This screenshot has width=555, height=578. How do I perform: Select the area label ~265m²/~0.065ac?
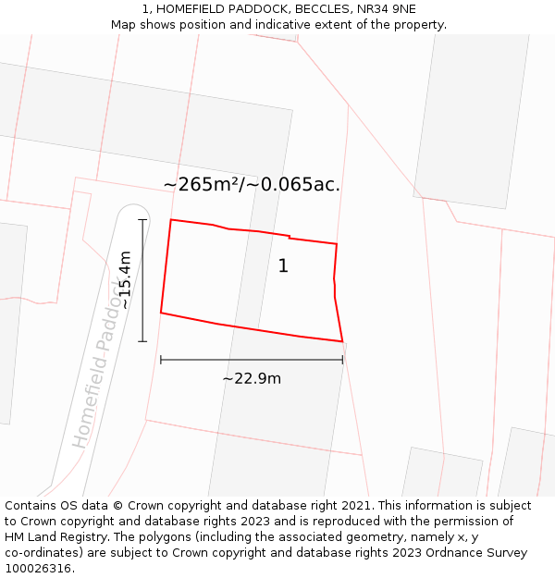click(252, 184)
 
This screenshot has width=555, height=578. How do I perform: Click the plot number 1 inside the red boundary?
click(283, 266)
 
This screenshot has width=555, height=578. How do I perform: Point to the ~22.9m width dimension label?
click(252, 378)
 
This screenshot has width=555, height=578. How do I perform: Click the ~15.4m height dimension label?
click(126, 279)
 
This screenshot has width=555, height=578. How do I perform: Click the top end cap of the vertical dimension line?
click(142, 219)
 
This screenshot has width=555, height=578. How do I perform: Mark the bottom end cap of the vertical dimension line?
click(142, 341)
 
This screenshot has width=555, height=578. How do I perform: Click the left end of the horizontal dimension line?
click(161, 360)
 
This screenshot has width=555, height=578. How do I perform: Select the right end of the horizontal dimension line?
click(342, 360)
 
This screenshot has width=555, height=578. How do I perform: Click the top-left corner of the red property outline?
click(171, 220)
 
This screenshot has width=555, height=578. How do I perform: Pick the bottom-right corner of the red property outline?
click(342, 341)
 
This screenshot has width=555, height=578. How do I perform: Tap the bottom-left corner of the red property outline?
click(161, 313)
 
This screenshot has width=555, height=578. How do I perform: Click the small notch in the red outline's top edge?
click(290, 238)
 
